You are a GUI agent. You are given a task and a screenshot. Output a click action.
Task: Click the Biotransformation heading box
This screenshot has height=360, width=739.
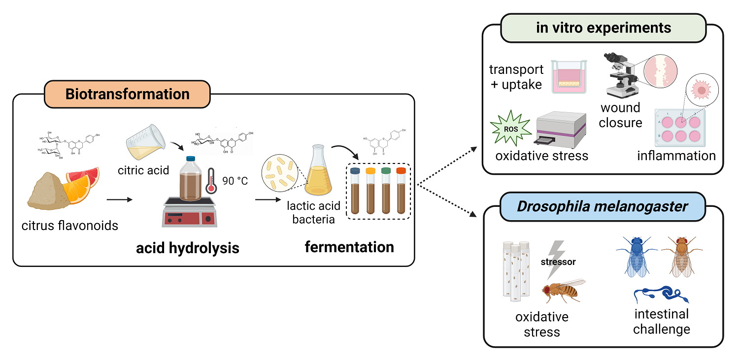point(127,94)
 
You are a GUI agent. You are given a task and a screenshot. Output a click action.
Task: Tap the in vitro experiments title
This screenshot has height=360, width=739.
point(604,28)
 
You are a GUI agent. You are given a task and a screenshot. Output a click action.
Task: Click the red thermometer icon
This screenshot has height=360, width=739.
point(211,181)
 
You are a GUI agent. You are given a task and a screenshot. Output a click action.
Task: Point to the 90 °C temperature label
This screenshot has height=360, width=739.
point(235,181)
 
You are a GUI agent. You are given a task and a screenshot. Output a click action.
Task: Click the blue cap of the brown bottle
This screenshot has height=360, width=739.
point(190,159)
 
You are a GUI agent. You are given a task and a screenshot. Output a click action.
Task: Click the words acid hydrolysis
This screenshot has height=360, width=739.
point(187,248)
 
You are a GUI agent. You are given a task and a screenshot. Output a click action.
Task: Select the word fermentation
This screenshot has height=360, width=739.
point(349,247)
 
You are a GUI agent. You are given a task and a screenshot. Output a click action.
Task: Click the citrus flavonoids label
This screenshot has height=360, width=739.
point(70,226)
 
